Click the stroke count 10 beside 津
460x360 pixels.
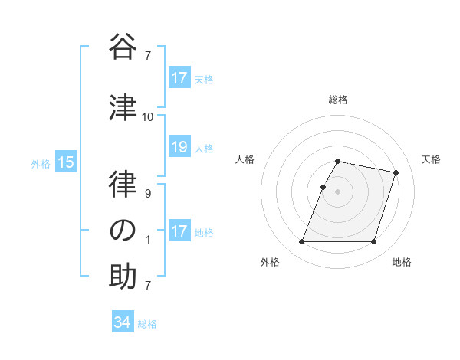pos(148,116)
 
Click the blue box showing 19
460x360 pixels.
pos(179,147)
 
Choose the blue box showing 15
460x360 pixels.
pos(66,162)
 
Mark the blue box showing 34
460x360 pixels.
pos(122,322)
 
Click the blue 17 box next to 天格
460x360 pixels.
pos(179,78)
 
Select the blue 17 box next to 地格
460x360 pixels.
pos(179,231)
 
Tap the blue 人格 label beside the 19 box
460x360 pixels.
pos(204,148)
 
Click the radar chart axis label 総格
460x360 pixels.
pos(338,100)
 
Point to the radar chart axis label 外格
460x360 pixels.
pos(270,262)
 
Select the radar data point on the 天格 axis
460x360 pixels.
pos(396,173)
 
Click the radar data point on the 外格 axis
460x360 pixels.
pos(302,242)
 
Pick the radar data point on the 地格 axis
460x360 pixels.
pos(373,242)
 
